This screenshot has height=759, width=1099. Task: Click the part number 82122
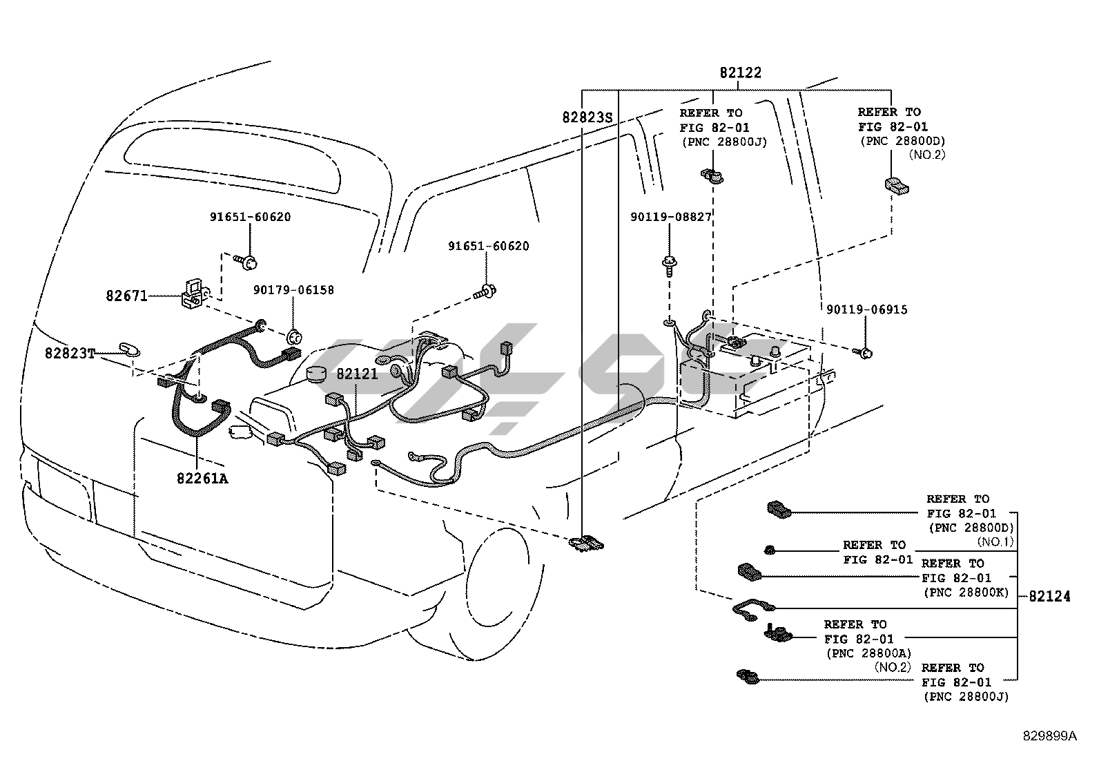tap(740, 73)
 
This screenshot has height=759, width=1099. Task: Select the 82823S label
tap(587, 117)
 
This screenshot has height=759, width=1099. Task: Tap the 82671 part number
tap(126, 296)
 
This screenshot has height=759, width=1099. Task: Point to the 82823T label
tap(70, 353)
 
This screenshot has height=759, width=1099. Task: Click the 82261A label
tap(201, 478)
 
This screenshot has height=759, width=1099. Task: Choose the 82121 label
tap(357, 374)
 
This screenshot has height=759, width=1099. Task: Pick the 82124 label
tap(1049, 596)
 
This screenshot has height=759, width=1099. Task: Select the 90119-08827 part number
tap(670, 217)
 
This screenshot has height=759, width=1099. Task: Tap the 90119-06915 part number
tap(866, 310)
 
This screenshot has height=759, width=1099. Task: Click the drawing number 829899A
tap(1049, 736)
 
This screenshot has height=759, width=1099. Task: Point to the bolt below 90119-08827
tap(669, 264)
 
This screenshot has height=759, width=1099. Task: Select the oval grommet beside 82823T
tap(129, 347)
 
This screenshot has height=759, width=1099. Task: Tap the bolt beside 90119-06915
tap(865, 353)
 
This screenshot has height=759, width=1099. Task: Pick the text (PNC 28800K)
tap(966, 593)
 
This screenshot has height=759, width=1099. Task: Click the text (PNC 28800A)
tap(868, 653)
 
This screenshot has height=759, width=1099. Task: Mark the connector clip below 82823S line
tap(586, 543)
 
